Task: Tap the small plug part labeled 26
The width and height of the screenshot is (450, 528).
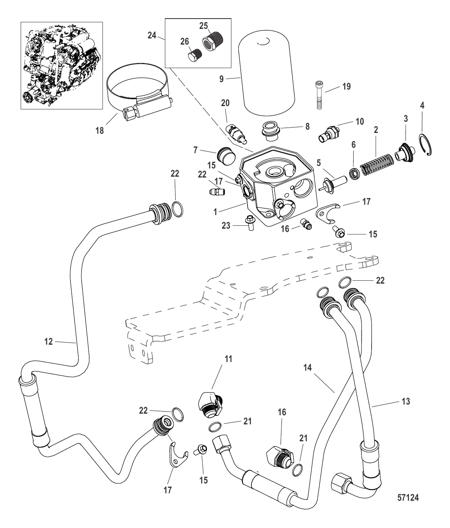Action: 195,54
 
